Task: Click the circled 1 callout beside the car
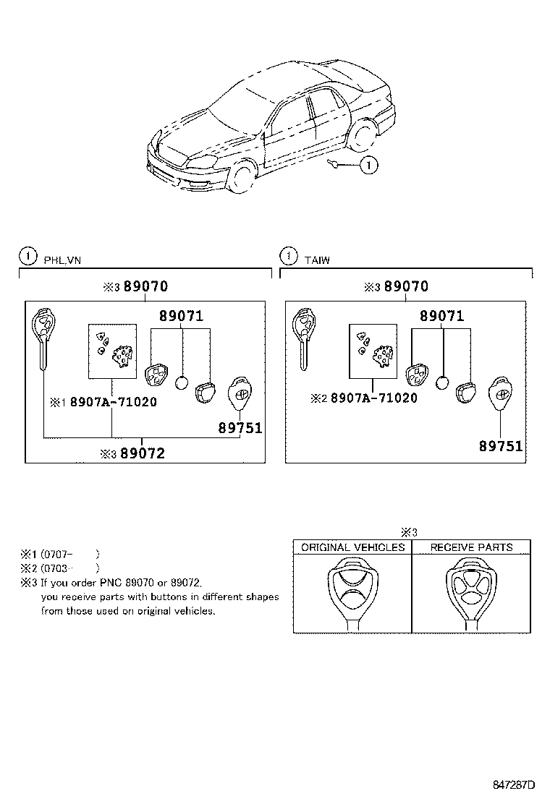(x=368, y=166)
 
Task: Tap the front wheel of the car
(x=243, y=177)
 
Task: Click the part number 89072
(x=143, y=453)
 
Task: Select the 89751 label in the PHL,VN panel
(x=240, y=428)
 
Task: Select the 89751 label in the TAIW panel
(x=500, y=446)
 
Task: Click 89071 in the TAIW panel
(x=442, y=316)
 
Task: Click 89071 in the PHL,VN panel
(x=181, y=316)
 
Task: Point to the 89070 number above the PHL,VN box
(x=145, y=286)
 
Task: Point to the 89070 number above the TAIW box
(x=406, y=286)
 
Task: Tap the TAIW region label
(x=317, y=260)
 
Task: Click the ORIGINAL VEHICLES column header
(x=352, y=547)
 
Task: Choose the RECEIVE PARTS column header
(x=471, y=547)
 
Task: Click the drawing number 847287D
(x=514, y=784)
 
